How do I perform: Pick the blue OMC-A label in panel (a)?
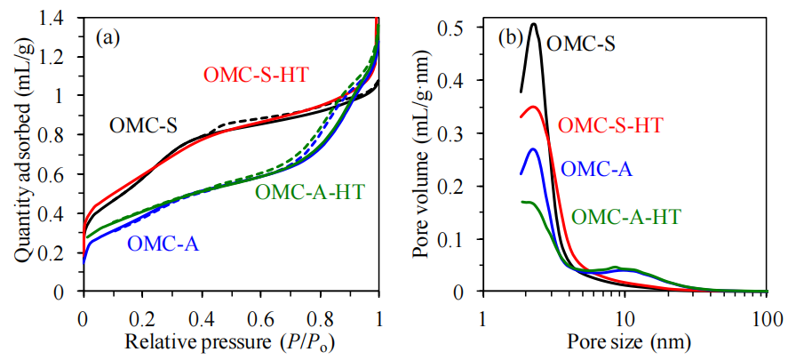tap(163, 242)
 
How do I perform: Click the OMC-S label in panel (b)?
tap(582, 42)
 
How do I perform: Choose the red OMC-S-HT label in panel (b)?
tap(610, 125)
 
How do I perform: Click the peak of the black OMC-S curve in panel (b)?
tap(534, 24)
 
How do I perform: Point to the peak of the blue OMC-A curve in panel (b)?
tap(533, 148)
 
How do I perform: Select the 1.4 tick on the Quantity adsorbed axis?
tap(59, 17)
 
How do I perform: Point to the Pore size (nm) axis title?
tap(625, 342)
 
